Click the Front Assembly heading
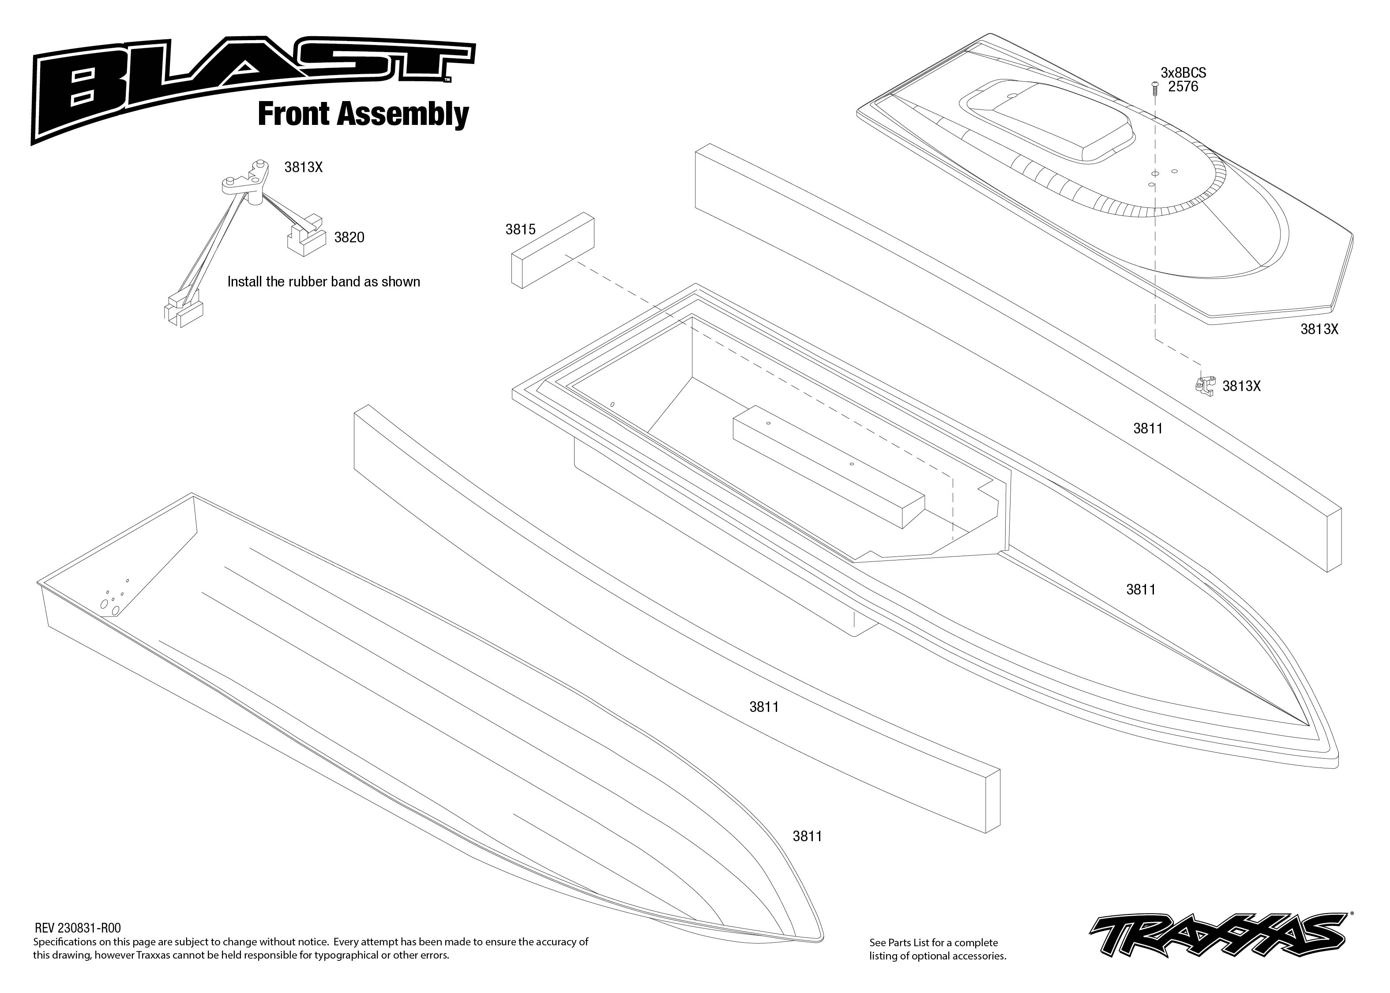(x=363, y=114)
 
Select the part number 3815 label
(x=520, y=230)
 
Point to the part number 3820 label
(x=349, y=238)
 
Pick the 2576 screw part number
(x=1183, y=87)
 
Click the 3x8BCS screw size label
(x=1183, y=73)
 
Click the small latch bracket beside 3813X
(x=1205, y=385)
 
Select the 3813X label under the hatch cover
(x=1319, y=329)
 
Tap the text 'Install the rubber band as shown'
(x=323, y=282)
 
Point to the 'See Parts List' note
(x=937, y=948)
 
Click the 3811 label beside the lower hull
(x=807, y=836)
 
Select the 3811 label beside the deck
(x=1141, y=590)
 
